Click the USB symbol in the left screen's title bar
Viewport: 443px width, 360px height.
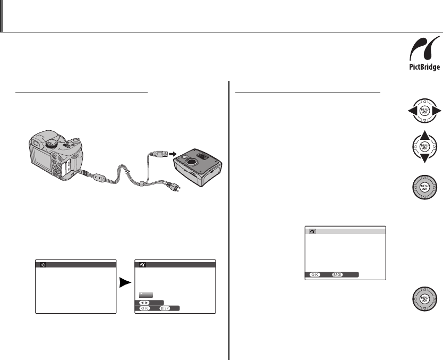pos(44,264)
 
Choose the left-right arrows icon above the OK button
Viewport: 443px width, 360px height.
pos(144,301)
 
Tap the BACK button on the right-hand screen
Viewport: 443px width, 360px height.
pos(336,275)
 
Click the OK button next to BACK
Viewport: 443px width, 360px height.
pos(313,275)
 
